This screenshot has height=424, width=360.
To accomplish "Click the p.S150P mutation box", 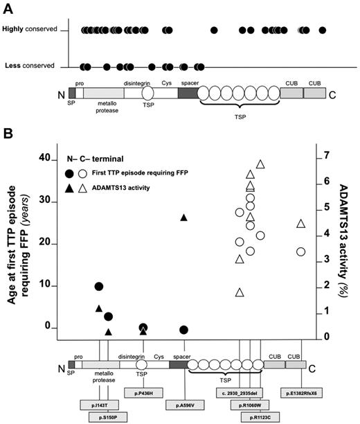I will coord(109,417).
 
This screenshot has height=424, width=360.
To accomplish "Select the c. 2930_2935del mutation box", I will coord(240,393).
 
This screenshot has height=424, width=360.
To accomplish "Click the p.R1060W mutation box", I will coord(249,405).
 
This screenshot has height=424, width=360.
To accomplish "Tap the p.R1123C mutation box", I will coord(260,417).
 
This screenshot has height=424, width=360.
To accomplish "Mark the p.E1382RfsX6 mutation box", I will coord(300,393).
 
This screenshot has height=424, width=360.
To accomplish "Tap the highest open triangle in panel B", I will coord(261,164).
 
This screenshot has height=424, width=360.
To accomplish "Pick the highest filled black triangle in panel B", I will coord(184,218).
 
